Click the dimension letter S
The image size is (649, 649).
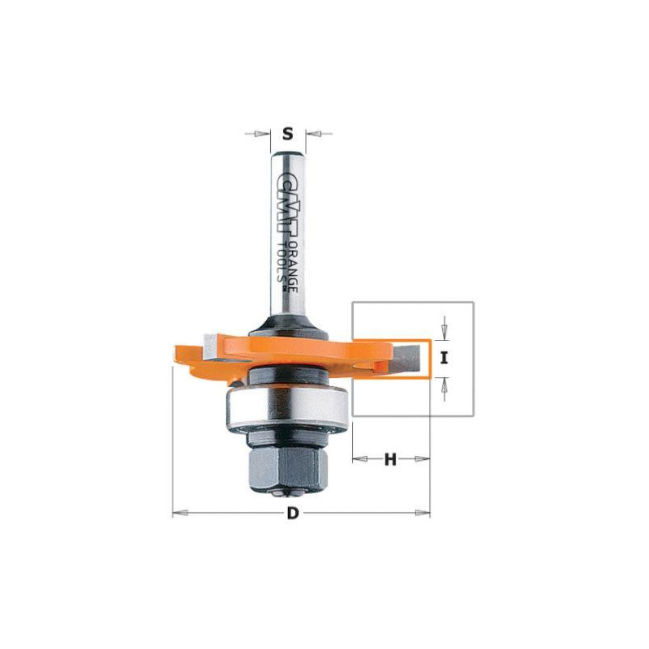[288, 134]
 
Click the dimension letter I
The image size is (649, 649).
[444, 358]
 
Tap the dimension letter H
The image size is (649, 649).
[390, 459]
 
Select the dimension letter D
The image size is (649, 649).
[293, 514]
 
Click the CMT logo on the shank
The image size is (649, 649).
[282, 207]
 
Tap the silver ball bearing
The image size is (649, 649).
[288, 408]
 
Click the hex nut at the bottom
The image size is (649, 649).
[287, 469]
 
